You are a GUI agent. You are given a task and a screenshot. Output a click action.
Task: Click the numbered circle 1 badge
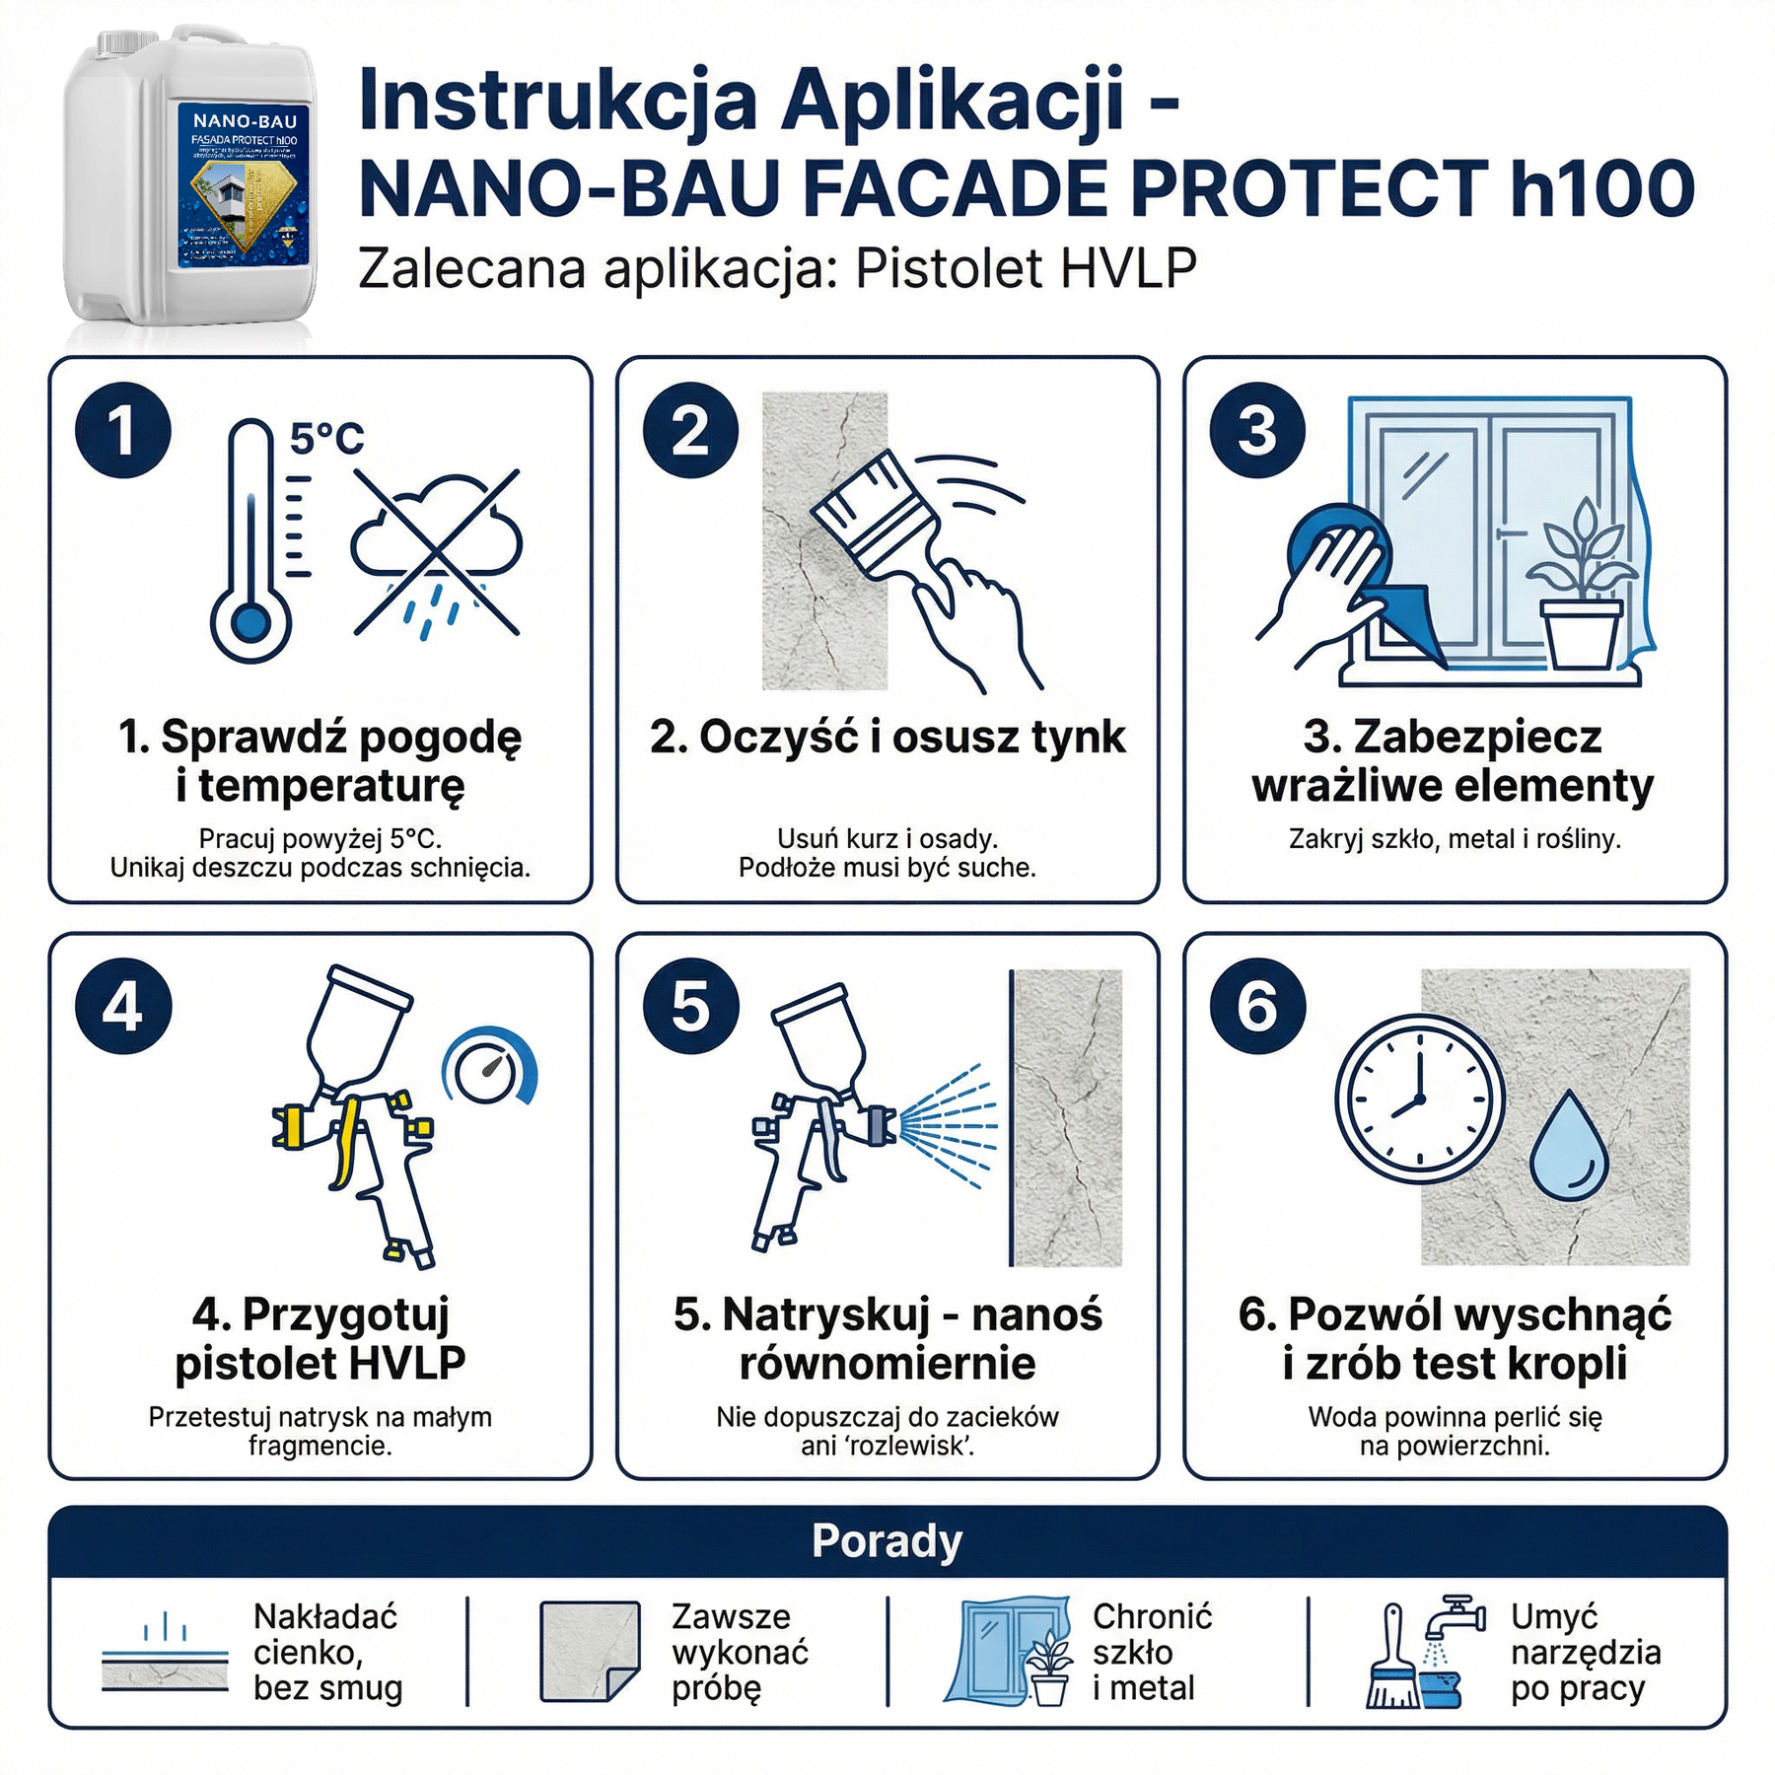tap(123, 431)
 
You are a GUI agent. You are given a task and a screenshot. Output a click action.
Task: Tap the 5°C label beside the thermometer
tap(326, 438)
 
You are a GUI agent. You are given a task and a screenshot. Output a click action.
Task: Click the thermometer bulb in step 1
tap(250, 623)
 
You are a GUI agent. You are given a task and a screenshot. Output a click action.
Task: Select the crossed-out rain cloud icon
tap(437, 551)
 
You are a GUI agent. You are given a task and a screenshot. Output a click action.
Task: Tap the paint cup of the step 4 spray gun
tap(355, 1026)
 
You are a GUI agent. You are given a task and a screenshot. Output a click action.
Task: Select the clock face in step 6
tap(1420, 1099)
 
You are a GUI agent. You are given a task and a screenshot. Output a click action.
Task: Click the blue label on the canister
tap(244, 184)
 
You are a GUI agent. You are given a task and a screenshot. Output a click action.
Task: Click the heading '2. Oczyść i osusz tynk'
tap(887, 737)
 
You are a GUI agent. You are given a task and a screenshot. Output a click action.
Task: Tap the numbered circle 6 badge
tap(1258, 1007)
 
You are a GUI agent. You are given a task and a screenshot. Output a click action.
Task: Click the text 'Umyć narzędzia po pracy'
tap(1585, 1652)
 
